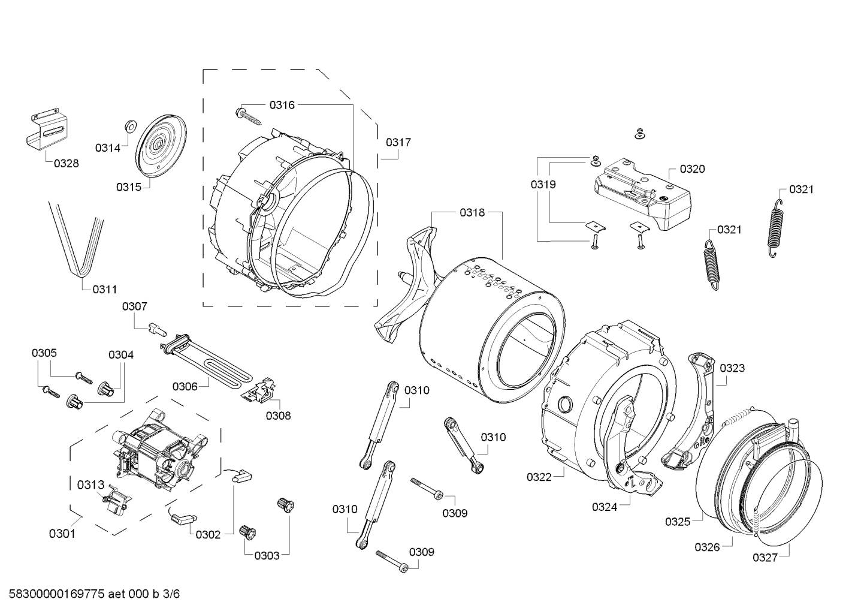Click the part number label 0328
[66, 162]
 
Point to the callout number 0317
[398, 142]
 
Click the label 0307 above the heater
[134, 306]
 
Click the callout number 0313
[90, 484]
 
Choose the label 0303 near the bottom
[267, 555]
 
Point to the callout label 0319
[543, 184]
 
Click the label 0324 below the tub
[605, 507]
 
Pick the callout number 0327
[765, 557]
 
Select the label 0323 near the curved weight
[732, 368]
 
